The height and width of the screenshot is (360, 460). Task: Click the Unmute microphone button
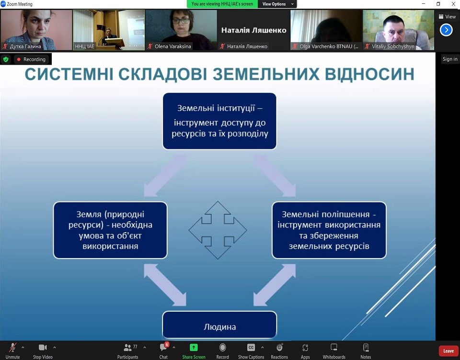[x=12, y=348]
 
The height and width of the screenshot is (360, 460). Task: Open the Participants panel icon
[x=127, y=348]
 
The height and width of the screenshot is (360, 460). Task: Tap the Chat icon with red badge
[x=163, y=348]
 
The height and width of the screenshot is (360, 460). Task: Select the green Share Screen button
[x=194, y=348]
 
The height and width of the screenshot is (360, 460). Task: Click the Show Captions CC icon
[x=251, y=348]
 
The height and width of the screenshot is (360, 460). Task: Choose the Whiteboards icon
[x=334, y=348]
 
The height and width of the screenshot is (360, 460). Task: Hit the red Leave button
[x=448, y=350]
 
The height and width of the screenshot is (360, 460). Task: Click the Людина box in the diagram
[x=219, y=325]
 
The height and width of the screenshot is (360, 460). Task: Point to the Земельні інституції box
[x=219, y=121]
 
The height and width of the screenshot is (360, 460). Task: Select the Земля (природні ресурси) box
[x=110, y=230]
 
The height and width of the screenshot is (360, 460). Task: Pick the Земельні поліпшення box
[x=329, y=230]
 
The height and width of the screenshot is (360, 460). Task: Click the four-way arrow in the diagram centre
[x=218, y=230]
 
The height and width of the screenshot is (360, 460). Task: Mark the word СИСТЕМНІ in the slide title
[x=69, y=74]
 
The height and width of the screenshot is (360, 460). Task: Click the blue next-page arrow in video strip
[x=446, y=30]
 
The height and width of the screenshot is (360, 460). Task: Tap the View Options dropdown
[x=277, y=4]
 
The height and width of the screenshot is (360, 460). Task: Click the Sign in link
[x=450, y=59]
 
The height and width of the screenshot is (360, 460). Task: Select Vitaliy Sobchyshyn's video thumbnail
[x=398, y=30]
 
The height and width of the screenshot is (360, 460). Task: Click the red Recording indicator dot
[x=19, y=59]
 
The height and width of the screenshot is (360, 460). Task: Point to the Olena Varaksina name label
[x=173, y=46]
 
